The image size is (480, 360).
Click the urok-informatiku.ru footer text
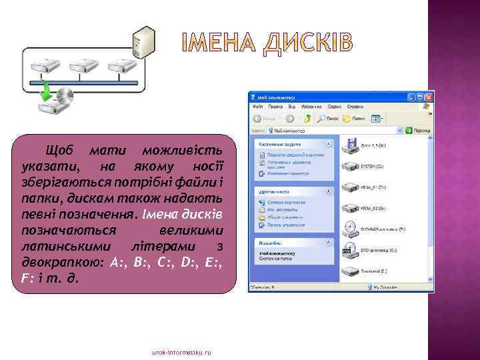tap(181, 351)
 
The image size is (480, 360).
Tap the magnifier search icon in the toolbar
tap(322, 119)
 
